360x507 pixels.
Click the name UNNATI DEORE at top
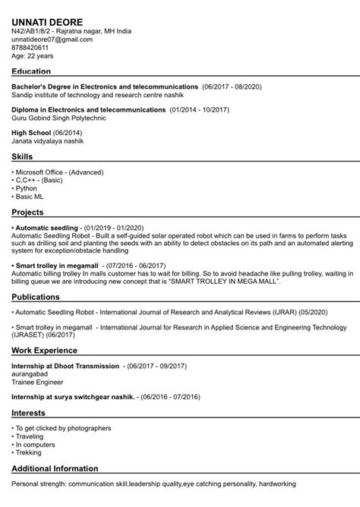(x=48, y=20)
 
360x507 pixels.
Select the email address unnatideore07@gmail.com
(x=52, y=39)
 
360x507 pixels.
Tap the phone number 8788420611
(x=33, y=48)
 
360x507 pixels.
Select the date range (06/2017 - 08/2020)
(x=232, y=87)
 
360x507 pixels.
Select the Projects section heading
(x=27, y=212)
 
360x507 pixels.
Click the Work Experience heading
(x=45, y=351)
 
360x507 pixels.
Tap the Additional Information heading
(x=55, y=468)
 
